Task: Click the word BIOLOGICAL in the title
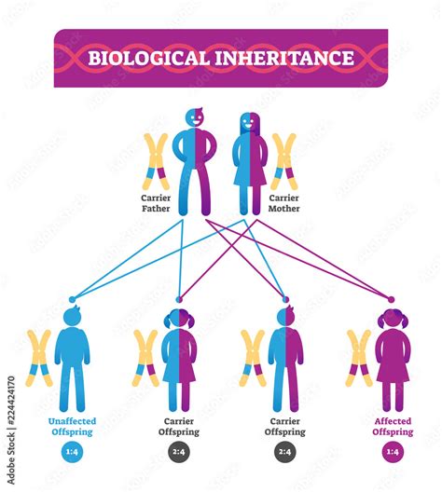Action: [148, 58]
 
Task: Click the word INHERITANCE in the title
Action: [284, 58]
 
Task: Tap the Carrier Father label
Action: [156, 203]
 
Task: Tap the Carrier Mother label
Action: [283, 203]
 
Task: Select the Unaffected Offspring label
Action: [72, 427]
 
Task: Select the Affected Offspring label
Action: [393, 427]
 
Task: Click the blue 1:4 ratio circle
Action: [72, 452]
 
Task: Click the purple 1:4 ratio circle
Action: [393, 452]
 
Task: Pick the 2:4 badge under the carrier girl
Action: [179, 452]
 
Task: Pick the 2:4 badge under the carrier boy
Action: [285, 452]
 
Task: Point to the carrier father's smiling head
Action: [195, 117]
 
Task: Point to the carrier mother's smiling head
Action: [250, 122]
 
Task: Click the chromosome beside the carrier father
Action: [157, 161]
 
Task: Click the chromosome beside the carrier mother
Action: [283, 161]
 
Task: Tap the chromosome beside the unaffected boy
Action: [40, 359]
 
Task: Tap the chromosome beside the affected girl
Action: [359, 359]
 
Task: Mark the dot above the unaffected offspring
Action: [73, 299]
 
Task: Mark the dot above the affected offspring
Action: [391, 299]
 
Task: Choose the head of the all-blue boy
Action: [73, 316]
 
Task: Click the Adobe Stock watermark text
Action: [11, 430]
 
